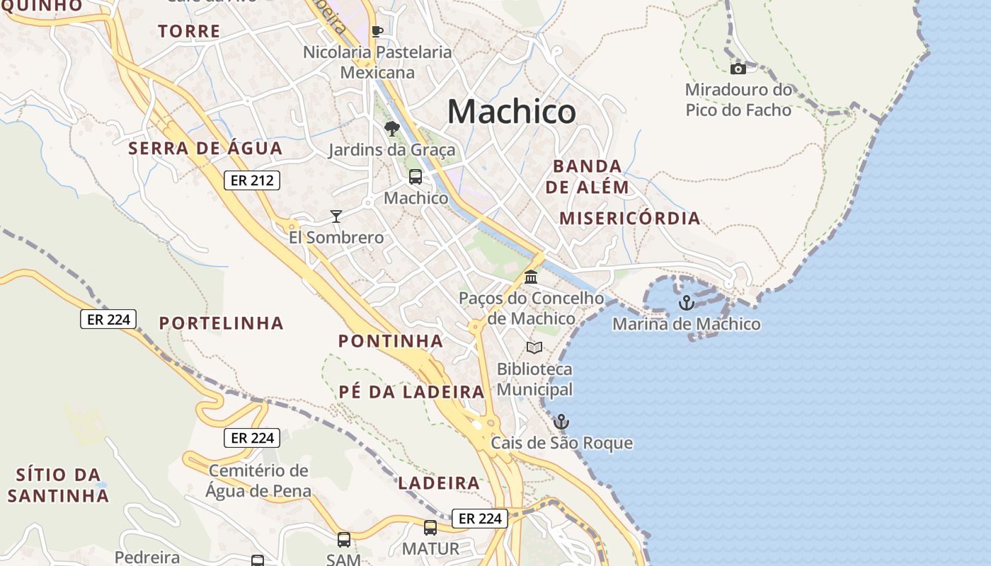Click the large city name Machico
point(511,112)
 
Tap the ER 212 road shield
point(252,180)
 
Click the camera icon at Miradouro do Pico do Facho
point(738,69)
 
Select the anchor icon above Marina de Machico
point(686,303)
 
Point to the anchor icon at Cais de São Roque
point(561,422)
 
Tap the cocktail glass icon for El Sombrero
point(336,216)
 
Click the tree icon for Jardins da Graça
point(391,129)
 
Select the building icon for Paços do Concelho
point(531,277)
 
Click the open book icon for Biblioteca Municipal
point(534,347)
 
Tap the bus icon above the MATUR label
point(430,527)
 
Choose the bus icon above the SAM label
point(344,540)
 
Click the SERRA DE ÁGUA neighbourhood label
point(205,149)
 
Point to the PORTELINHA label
point(221,323)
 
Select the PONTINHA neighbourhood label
point(390,341)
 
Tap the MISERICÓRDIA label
point(629,218)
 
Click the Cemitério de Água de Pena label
point(258,480)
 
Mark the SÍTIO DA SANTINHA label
point(59,485)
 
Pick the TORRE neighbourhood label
point(189,31)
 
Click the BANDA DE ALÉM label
point(587,177)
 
